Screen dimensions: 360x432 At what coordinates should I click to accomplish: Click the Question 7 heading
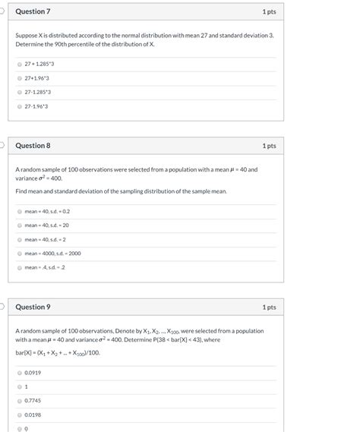(33, 12)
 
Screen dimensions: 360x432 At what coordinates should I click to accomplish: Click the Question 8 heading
(33, 145)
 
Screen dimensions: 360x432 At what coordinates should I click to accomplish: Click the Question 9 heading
(33, 307)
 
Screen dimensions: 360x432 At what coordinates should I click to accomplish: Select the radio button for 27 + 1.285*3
(20, 64)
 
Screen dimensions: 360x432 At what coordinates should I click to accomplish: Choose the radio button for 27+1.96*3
(20, 77)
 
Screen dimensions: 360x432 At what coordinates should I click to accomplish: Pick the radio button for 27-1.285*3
(20, 92)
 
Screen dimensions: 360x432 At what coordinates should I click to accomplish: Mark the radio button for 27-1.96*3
(20, 106)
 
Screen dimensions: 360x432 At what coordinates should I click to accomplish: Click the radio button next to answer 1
(20, 386)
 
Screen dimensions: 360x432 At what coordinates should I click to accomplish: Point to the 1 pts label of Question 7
(269, 12)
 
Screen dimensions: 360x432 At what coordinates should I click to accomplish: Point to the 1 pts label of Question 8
(269, 145)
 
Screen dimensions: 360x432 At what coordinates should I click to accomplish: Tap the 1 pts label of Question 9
(269, 307)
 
